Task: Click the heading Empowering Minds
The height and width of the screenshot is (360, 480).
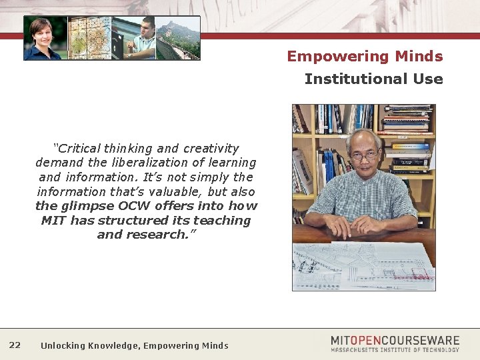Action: click(x=365, y=56)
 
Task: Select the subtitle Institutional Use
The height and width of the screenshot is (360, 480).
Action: click(x=373, y=79)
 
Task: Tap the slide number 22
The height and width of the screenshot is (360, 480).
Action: click(x=15, y=345)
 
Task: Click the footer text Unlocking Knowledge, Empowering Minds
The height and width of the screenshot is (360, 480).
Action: click(x=134, y=345)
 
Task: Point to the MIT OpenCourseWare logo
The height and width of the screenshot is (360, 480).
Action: click(x=395, y=341)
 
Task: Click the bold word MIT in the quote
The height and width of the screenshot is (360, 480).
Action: click(x=53, y=221)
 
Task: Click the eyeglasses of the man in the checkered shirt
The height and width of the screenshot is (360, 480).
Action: click(x=363, y=155)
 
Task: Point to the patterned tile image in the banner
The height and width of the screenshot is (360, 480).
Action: click(x=89, y=39)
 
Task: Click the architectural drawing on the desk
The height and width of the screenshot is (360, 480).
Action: click(x=363, y=266)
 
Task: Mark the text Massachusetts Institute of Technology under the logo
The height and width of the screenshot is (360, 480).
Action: click(x=395, y=349)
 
